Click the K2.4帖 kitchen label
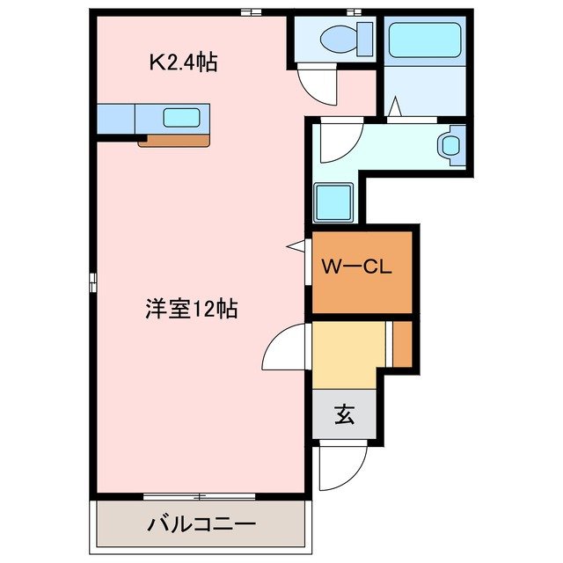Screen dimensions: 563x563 click(x=183, y=62)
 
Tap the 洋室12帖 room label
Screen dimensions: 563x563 click(x=191, y=310)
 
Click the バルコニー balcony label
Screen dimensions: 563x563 click(x=201, y=523)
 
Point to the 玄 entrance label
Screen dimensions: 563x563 click(x=343, y=413)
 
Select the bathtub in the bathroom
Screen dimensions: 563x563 click(x=424, y=40)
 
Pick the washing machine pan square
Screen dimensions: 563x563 click(x=333, y=202)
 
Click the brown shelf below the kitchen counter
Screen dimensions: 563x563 click(x=174, y=139)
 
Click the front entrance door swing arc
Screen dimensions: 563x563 click(x=341, y=469)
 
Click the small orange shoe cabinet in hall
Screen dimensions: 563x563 click(x=401, y=345)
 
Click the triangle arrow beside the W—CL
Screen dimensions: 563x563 click(x=295, y=248)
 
